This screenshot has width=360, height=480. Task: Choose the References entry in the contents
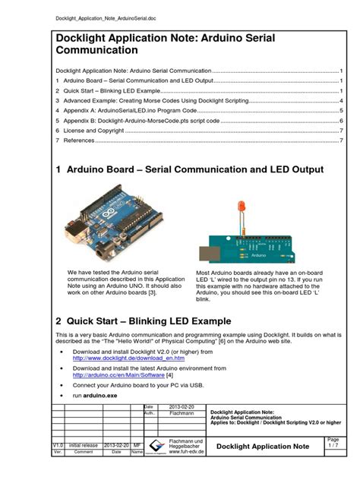(79, 141)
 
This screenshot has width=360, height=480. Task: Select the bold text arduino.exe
(101, 396)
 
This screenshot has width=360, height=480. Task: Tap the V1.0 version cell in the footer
(58, 444)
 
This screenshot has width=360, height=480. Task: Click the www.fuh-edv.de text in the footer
(185, 451)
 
